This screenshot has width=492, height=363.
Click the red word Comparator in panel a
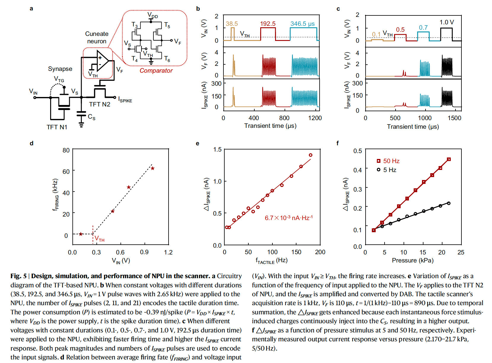click(156, 71)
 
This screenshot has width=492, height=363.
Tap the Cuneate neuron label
click(97, 38)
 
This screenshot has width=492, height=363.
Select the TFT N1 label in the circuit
click(57, 127)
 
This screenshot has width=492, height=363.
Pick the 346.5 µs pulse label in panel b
click(302, 24)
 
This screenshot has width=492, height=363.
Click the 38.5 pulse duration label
click(232, 24)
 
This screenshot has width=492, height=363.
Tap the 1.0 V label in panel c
click(447, 22)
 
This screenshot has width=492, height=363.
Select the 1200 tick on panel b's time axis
click(315, 118)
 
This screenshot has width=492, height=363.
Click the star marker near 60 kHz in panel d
click(153, 168)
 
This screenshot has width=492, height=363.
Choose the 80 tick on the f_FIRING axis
click(66, 150)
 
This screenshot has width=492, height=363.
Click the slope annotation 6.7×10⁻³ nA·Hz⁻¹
click(288, 218)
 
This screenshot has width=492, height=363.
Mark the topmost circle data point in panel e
click(310, 155)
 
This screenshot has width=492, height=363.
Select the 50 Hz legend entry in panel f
click(388, 161)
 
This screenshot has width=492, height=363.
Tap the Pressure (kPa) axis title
click(412, 260)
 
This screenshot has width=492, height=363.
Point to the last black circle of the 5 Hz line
click(448, 203)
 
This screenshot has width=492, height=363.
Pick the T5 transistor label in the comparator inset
click(167, 26)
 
